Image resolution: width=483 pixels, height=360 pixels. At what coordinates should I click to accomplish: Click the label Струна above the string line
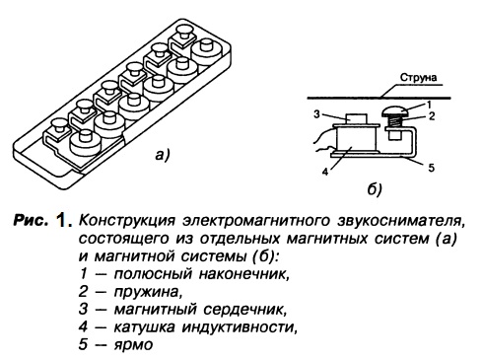click(x=418, y=78)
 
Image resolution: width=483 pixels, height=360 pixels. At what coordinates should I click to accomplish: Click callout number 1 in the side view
click(x=429, y=105)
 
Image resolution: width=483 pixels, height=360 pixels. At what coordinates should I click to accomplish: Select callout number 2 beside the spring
click(x=432, y=116)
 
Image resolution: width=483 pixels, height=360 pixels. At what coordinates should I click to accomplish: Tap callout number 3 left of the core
click(x=316, y=114)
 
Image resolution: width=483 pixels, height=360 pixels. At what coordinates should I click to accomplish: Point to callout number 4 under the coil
click(x=325, y=172)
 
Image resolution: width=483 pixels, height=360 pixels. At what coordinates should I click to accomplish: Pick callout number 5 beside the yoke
click(x=431, y=168)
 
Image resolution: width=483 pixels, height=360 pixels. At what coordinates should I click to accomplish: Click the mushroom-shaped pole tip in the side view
click(x=394, y=112)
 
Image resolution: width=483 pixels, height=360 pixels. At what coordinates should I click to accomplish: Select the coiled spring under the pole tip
click(x=394, y=123)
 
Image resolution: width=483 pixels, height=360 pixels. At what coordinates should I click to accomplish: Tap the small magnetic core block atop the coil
click(x=356, y=118)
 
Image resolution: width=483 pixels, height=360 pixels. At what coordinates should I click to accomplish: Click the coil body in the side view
click(x=355, y=139)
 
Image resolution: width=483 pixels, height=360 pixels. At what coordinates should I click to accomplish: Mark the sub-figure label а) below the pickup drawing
click(x=163, y=155)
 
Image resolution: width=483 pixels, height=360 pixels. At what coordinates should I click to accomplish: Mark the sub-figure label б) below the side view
click(x=374, y=189)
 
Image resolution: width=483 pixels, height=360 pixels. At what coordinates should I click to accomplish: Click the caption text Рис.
click(x=31, y=220)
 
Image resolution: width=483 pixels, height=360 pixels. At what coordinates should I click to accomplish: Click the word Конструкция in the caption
click(x=126, y=220)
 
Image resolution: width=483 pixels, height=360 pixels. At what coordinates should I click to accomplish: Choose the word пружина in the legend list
click(x=147, y=292)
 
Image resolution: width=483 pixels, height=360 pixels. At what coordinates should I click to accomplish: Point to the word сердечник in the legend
click(x=244, y=310)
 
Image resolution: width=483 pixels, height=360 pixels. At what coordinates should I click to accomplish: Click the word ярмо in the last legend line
click(x=133, y=345)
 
